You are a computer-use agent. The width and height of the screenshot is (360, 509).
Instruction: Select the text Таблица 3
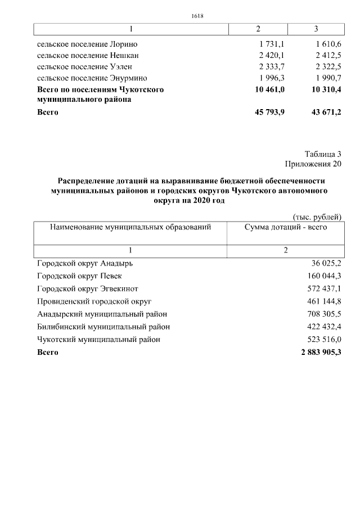click(x=323, y=154)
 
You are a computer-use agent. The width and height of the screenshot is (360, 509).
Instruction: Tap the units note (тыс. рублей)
click(x=317, y=217)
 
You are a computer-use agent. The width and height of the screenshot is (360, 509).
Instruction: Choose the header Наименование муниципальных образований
click(x=130, y=227)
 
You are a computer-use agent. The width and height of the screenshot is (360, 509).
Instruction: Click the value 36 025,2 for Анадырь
click(x=326, y=263)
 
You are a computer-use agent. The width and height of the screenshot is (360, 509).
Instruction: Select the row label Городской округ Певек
click(x=79, y=276)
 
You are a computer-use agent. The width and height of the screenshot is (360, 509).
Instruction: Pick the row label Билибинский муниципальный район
click(x=103, y=327)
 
